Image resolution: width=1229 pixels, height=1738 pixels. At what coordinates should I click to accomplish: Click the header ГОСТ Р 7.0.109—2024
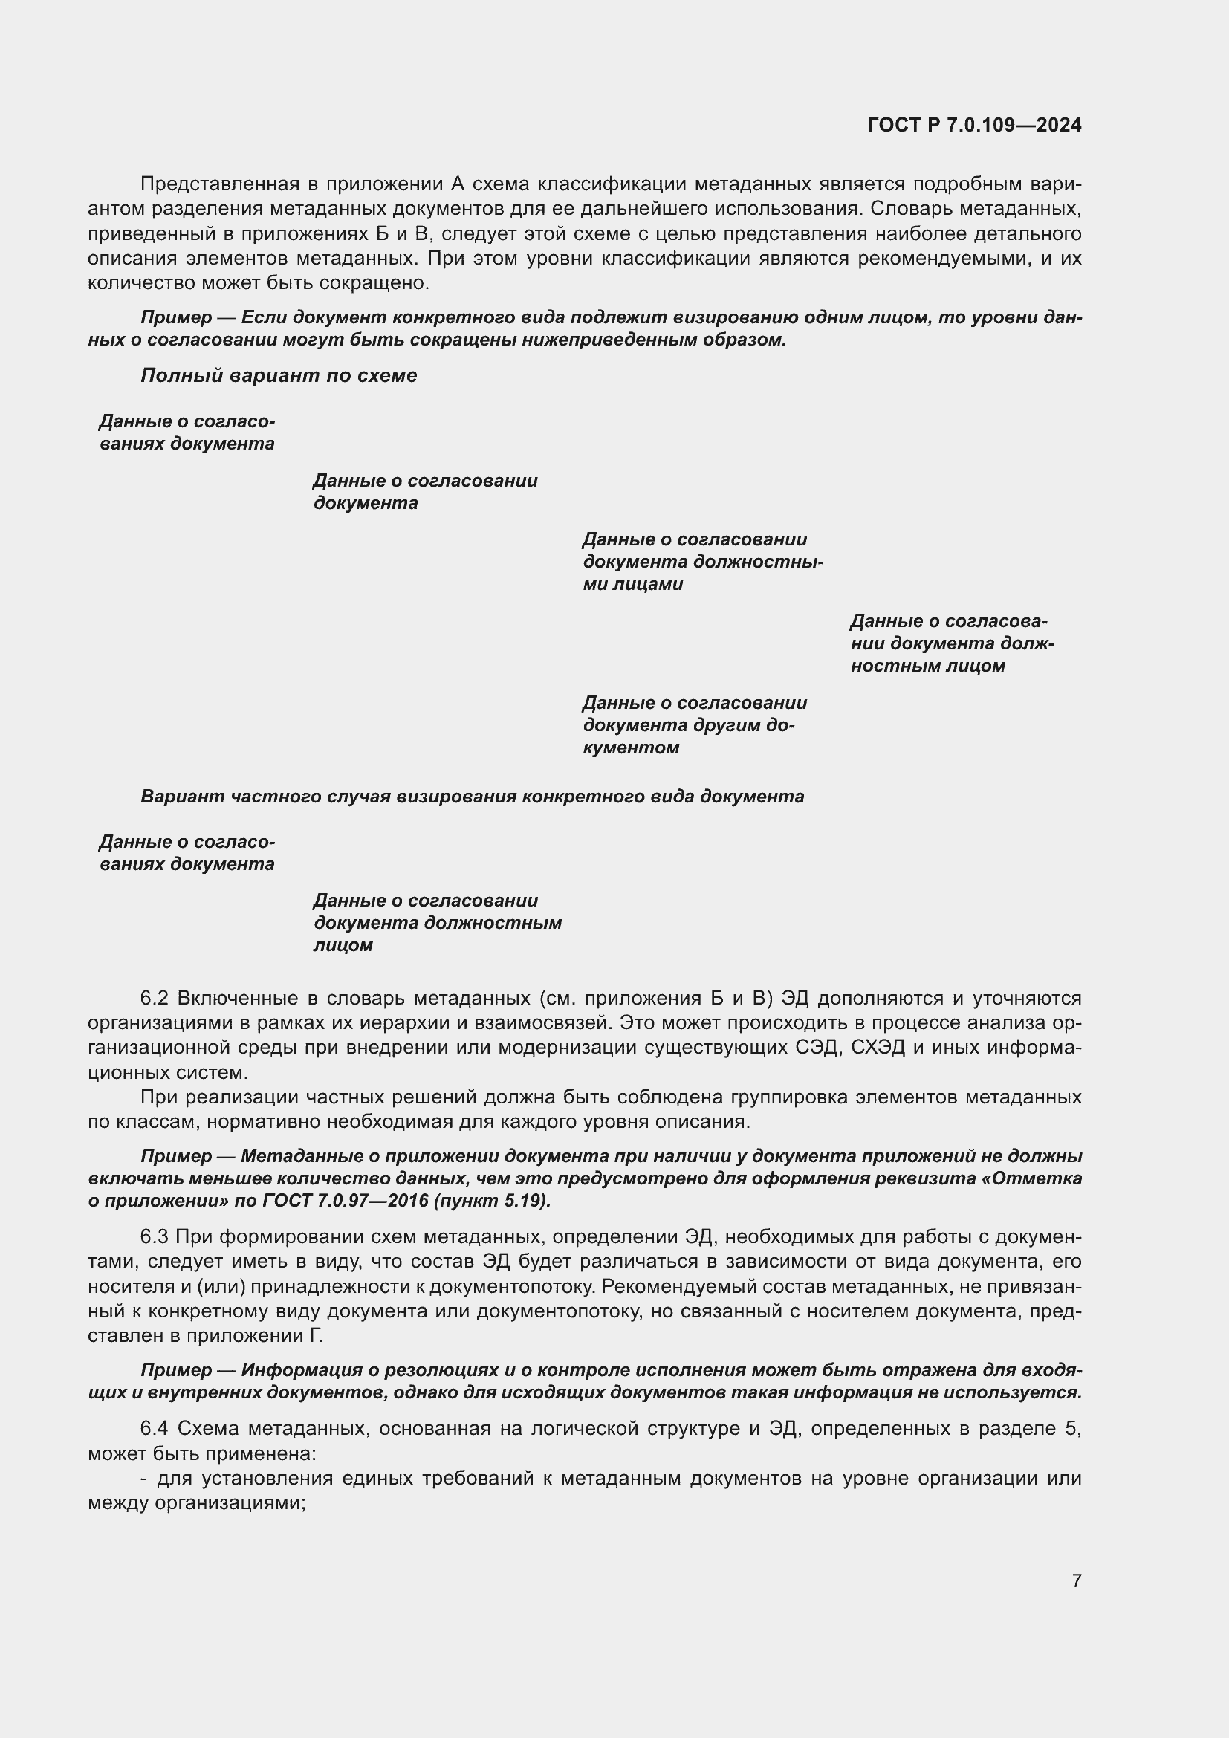click(x=974, y=125)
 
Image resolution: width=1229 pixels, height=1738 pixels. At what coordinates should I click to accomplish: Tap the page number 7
click(x=1076, y=1580)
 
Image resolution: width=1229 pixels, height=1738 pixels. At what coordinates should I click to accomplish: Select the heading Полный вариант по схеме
click(x=279, y=375)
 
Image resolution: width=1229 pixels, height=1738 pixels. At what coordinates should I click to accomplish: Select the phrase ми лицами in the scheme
click(x=632, y=584)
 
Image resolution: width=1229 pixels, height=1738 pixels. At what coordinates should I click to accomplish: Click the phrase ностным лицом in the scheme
click(x=928, y=666)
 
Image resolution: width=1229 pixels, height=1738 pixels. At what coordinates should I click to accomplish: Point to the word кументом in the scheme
click(x=631, y=748)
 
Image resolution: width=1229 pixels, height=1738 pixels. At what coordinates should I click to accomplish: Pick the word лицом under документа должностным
click(x=343, y=945)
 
